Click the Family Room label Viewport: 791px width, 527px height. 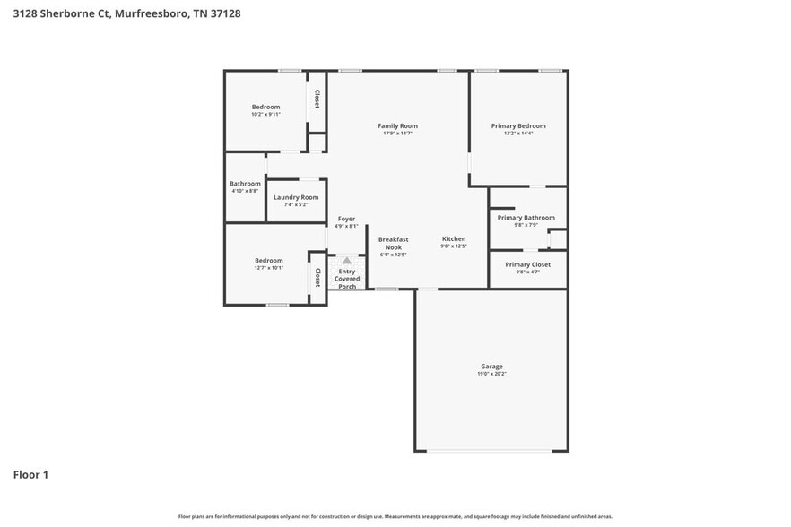click(397, 126)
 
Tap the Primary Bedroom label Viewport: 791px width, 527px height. click(517, 126)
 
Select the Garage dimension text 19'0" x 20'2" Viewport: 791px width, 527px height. click(491, 374)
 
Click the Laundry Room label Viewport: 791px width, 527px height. click(296, 197)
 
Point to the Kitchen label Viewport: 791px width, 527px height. click(454, 238)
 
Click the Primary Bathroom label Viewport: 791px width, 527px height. click(526, 218)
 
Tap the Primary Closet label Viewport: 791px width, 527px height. click(527, 264)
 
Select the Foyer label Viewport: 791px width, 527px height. click(346, 219)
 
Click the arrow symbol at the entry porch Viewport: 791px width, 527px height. click(346, 261)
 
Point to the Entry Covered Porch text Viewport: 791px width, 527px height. click(347, 279)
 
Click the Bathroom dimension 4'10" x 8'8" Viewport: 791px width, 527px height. click(245, 191)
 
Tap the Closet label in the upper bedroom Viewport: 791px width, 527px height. click(317, 99)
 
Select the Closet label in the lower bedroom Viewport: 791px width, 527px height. click(317, 278)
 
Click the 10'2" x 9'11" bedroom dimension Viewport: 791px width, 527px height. click(265, 114)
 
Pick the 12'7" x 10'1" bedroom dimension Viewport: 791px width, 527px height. click(268, 267)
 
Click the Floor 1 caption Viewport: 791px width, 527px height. click(30, 474)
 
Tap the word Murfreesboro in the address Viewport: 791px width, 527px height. click(152, 13)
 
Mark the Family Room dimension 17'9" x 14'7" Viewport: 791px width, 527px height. click(397, 134)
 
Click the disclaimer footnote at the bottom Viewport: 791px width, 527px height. click(395, 516)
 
